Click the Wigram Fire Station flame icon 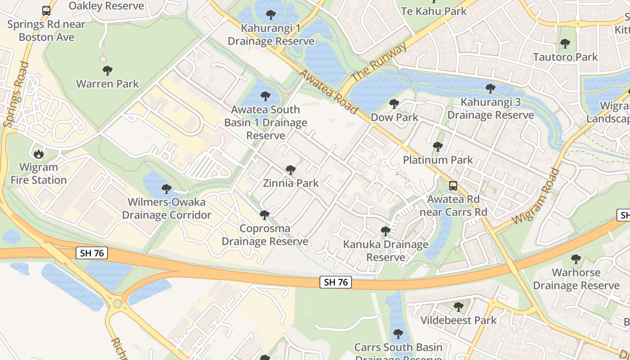pos(39,154)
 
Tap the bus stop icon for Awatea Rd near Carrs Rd pos(453,185)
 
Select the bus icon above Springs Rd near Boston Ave pos(46,10)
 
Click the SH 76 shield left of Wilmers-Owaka pos(92,253)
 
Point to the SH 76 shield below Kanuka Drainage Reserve pos(336,282)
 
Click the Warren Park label pos(108,84)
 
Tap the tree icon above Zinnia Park pos(291,170)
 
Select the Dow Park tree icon pos(394,104)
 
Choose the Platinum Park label pos(438,160)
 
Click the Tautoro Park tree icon pos(565,44)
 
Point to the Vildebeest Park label pos(459,320)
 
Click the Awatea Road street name pos(328,92)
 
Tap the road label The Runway pos(379,62)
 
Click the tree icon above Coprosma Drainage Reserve pos(265,215)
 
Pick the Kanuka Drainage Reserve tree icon pos(386,231)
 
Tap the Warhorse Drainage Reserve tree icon pos(576,259)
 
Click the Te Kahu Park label pos(434,11)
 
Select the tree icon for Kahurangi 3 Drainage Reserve pos(490,89)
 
